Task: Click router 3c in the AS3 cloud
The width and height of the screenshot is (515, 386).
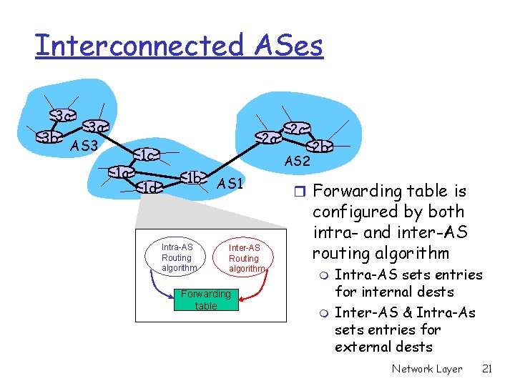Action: point(62,114)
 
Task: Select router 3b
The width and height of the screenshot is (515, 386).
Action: point(48,137)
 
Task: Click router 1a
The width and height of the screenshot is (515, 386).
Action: point(122,172)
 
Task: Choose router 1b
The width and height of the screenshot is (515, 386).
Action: point(193,177)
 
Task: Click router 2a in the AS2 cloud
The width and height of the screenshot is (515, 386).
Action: point(267,138)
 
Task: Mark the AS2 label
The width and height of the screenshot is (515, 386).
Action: point(297,162)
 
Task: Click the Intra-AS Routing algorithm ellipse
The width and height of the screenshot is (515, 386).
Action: point(177,258)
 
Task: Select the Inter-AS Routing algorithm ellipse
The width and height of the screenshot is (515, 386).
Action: point(244,258)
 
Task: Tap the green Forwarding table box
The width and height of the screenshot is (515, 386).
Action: point(206,300)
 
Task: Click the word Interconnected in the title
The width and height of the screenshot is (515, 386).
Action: point(139,45)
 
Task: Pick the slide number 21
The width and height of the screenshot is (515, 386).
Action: point(487,369)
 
